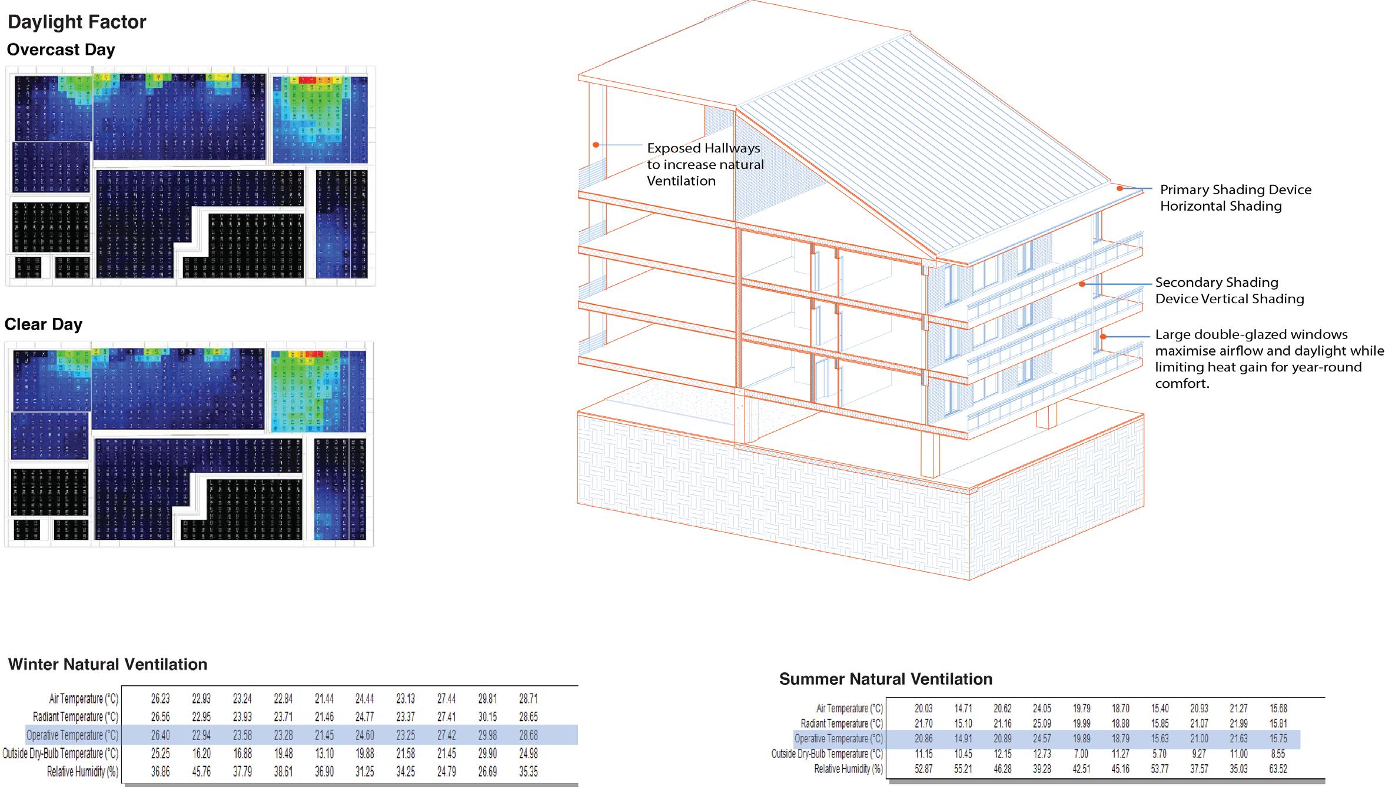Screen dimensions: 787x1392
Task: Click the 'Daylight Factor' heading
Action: (x=77, y=22)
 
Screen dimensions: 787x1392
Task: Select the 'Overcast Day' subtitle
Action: (x=61, y=50)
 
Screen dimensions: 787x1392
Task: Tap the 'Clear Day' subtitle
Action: (x=44, y=324)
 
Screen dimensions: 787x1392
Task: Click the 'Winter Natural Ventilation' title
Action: (x=108, y=665)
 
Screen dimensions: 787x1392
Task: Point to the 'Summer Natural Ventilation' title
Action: (x=886, y=679)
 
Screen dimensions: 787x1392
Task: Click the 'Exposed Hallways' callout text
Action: (x=703, y=148)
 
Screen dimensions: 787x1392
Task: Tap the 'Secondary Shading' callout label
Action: (x=1217, y=283)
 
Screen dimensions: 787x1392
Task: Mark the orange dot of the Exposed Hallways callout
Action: (x=596, y=144)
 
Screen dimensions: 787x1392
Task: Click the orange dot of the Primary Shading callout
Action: (x=1119, y=188)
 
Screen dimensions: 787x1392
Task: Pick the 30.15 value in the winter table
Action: (x=487, y=717)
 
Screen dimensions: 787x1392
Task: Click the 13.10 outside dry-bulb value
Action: (x=324, y=753)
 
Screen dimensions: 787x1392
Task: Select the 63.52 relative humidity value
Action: (x=1278, y=769)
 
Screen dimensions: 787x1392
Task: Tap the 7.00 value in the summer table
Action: (x=1082, y=753)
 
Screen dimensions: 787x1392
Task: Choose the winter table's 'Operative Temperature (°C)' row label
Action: (x=72, y=735)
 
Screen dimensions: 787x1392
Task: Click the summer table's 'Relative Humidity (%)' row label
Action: (x=848, y=769)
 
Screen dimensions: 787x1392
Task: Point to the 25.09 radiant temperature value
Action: (x=1042, y=723)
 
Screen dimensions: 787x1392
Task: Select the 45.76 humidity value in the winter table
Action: (x=201, y=772)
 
